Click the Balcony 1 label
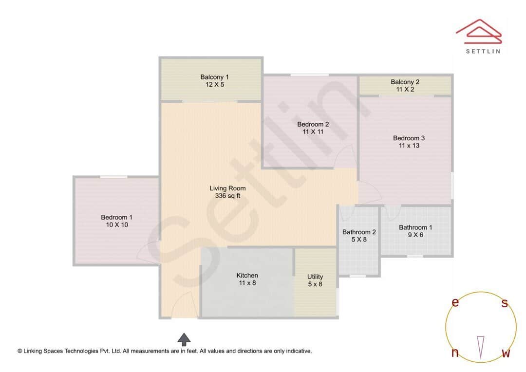[214, 77]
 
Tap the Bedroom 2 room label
[313, 124]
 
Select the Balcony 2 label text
[405, 82]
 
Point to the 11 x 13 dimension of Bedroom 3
[409, 146]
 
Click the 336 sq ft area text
[227, 196]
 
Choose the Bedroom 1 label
[116, 217]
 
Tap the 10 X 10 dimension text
[116, 225]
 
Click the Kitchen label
[247, 276]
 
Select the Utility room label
[315, 277]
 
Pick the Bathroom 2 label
[359, 232]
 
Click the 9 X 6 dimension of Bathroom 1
[415, 235]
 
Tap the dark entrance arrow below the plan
[184, 339]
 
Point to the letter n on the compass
[455, 353]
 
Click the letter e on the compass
[455, 302]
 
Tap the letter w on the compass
[506, 353]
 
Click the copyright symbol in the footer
[20, 351]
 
